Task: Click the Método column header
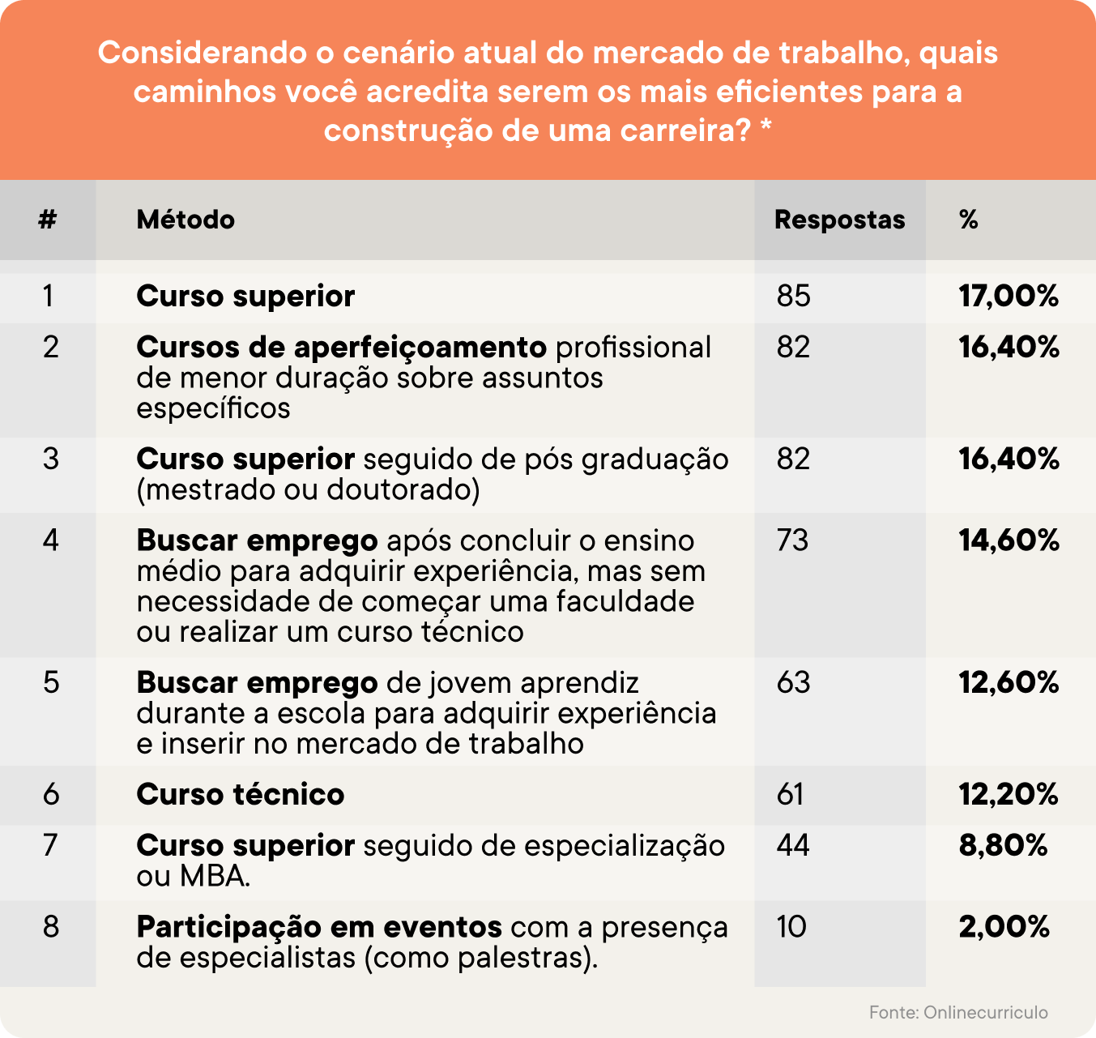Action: click(186, 220)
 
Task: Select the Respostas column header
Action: click(839, 220)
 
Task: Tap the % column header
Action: click(968, 220)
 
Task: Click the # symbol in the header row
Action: click(48, 220)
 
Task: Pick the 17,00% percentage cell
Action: click(1009, 296)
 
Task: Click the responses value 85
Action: click(793, 296)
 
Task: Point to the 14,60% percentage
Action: click(1009, 540)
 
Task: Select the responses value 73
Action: click(792, 540)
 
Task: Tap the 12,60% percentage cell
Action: click(1009, 682)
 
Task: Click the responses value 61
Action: click(790, 794)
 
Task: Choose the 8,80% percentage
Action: click(1003, 845)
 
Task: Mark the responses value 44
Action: click(793, 845)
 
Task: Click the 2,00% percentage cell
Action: click(1004, 926)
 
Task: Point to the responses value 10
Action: click(791, 926)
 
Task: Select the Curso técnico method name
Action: click(241, 794)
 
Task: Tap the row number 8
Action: click(51, 926)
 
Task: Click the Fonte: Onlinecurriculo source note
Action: click(958, 1012)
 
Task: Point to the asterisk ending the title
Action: click(765, 129)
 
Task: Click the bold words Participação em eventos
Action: click(319, 926)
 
